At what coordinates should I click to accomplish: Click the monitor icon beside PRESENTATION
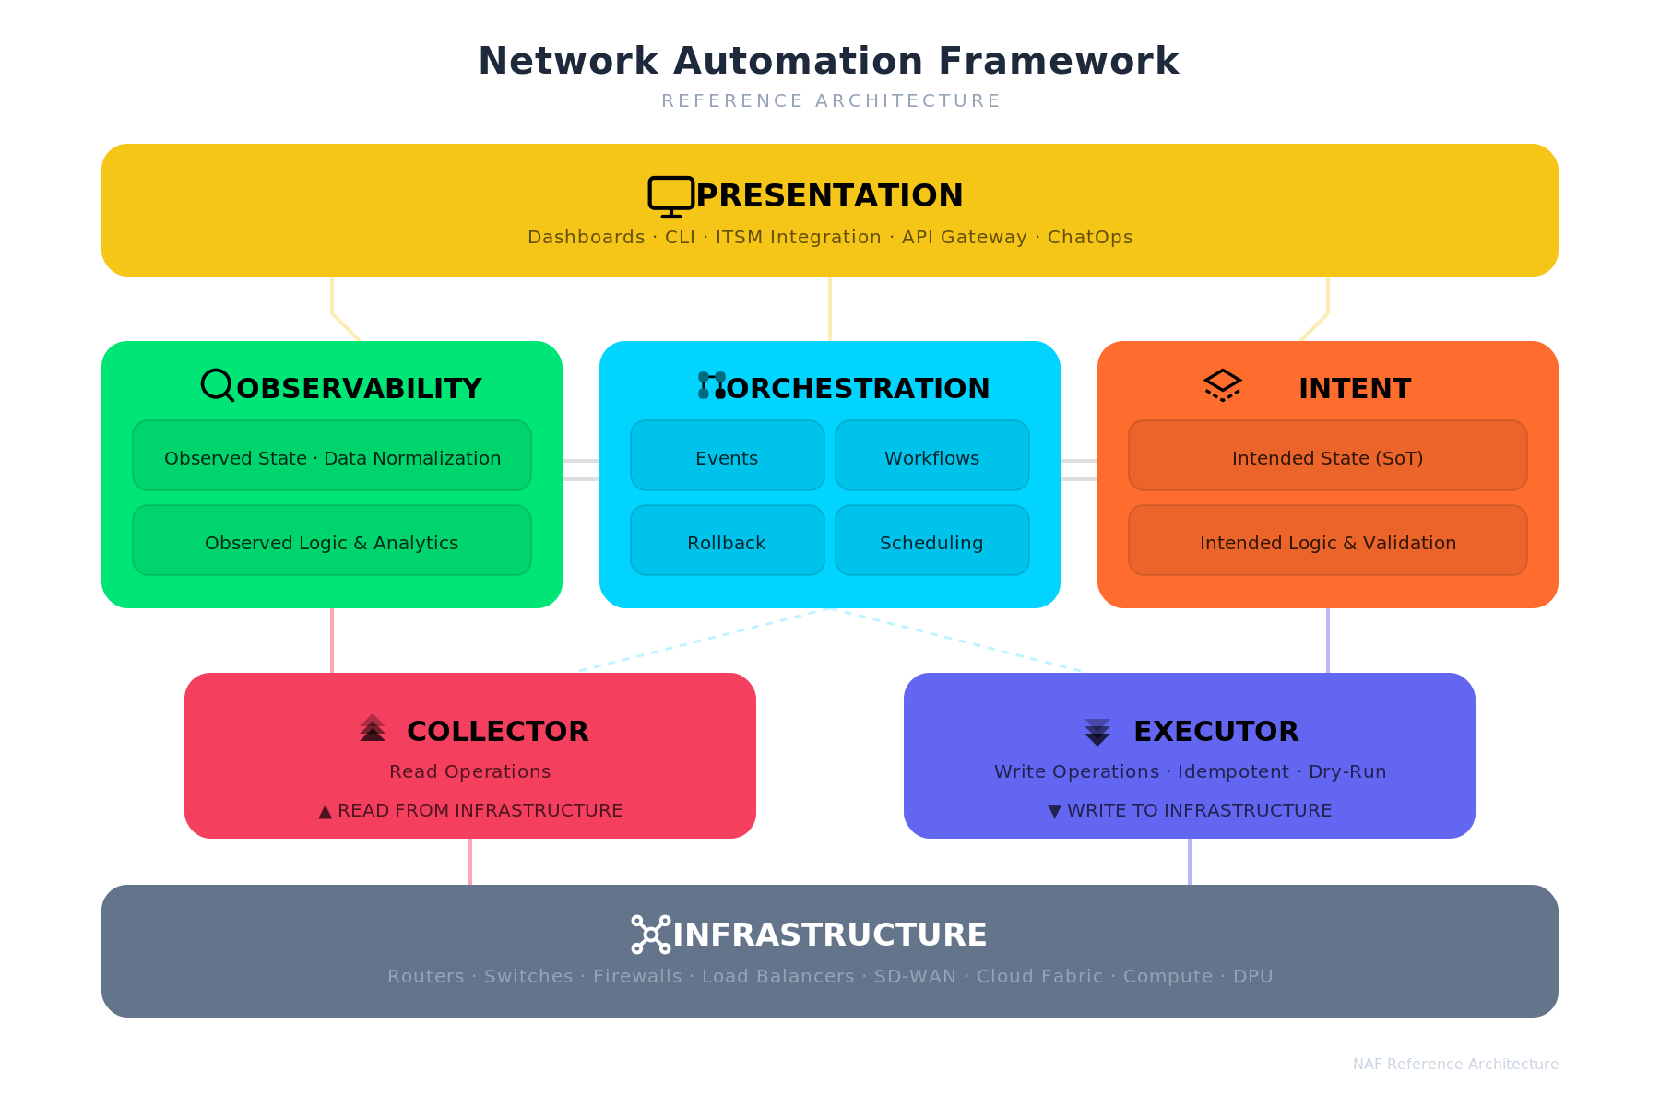click(x=670, y=196)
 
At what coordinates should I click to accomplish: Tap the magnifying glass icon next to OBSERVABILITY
click(x=218, y=385)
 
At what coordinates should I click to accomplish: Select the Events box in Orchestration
click(x=727, y=456)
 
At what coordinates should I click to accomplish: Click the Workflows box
click(x=931, y=456)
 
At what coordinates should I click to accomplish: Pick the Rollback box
click(x=727, y=541)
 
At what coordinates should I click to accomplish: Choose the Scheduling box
click(x=931, y=541)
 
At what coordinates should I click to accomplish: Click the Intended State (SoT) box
click(x=1327, y=456)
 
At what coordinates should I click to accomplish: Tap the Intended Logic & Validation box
click(x=1327, y=541)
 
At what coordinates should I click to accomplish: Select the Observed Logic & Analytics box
click(x=332, y=541)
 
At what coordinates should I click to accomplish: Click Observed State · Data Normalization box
click(x=332, y=456)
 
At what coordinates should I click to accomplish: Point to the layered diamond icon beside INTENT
click(x=1222, y=385)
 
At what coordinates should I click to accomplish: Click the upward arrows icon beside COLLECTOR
click(x=373, y=728)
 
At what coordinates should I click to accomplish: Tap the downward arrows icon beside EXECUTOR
click(x=1097, y=732)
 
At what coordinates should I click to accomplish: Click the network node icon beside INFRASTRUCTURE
click(x=650, y=935)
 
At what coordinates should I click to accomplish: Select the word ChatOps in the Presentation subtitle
click(x=1089, y=238)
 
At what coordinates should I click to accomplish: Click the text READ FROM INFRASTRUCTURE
click(x=480, y=811)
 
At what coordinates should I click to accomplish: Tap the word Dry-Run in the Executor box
click(x=1347, y=772)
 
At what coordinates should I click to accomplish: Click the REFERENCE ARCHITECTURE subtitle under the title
click(x=830, y=101)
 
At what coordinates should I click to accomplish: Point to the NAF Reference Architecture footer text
click(x=1455, y=1065)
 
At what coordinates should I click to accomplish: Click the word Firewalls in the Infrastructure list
click(x=637, y=977)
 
